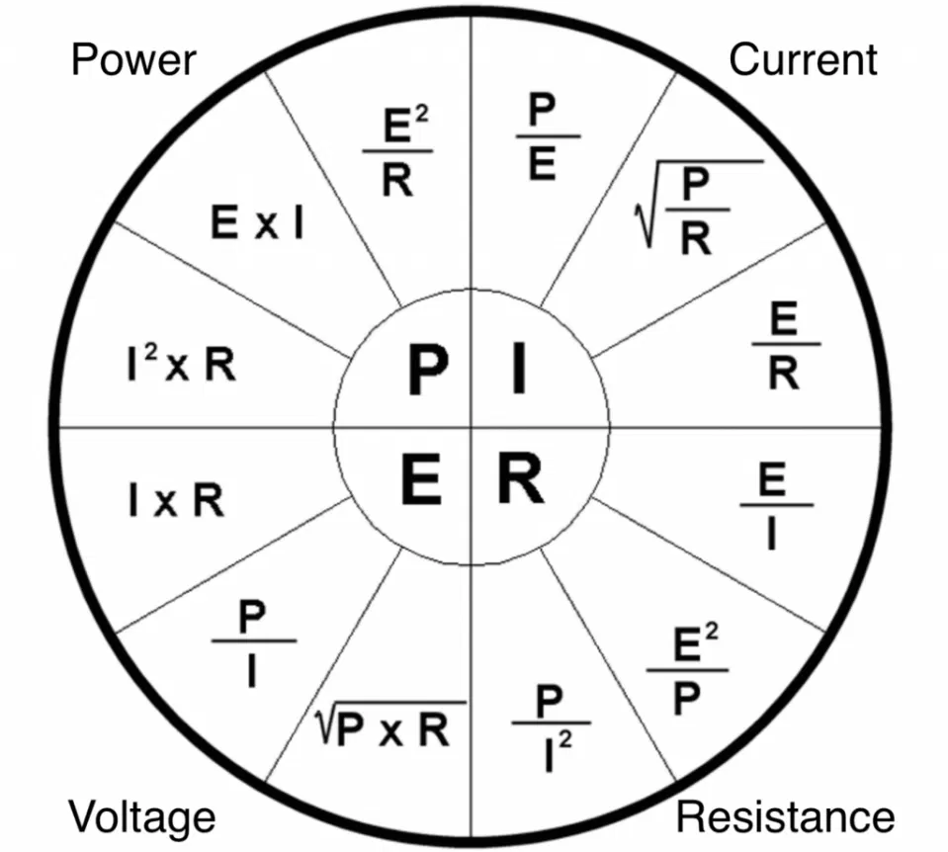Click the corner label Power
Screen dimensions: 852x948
pos(133,60)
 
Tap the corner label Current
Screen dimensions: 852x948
pos(803,60)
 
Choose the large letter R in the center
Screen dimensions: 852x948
pos(519,481)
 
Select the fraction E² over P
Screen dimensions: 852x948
pos(688,670)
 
